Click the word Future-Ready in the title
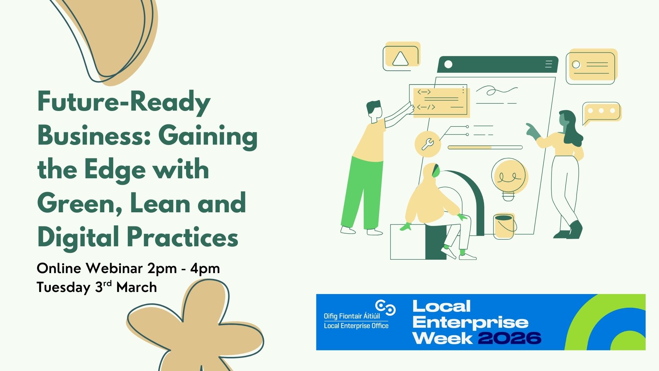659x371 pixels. pos(124,102)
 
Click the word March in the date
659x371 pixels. pos(137,287)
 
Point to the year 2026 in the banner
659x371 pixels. pos(510,338)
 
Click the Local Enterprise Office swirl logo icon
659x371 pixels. pos(385,307)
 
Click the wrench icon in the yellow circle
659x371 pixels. pos(428,144)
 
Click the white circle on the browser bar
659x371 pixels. pos(448,64)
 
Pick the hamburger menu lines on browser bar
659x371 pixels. pos(548,64)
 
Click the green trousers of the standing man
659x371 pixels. pos(360,192)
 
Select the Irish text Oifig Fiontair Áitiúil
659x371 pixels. pos(352,316)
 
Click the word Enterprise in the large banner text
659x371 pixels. pos(470,323)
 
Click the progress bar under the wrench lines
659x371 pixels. pos(485,147)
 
